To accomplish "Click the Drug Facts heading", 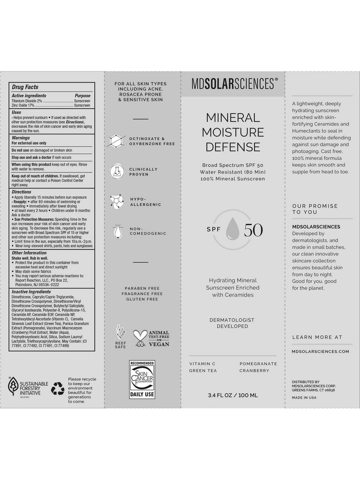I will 25,87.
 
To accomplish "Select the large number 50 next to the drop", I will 253,230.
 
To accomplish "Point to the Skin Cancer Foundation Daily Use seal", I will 142,379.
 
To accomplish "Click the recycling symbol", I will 58,387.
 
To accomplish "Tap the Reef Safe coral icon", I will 120,335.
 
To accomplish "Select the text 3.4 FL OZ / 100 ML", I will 233,395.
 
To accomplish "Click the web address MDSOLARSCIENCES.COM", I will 320,351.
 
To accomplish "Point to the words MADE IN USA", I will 304,397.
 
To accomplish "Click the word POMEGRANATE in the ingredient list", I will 258,364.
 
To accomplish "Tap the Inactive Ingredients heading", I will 31,292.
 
